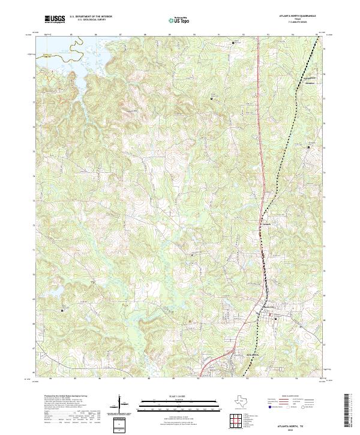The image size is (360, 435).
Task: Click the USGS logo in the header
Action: click(x=55, y=19)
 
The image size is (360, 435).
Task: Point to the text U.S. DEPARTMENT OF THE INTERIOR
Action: click(x=91, y=16)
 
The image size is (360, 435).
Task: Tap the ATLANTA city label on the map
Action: click(x=254, y=356)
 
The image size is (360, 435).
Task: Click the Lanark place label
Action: click(x=268, y=225)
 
